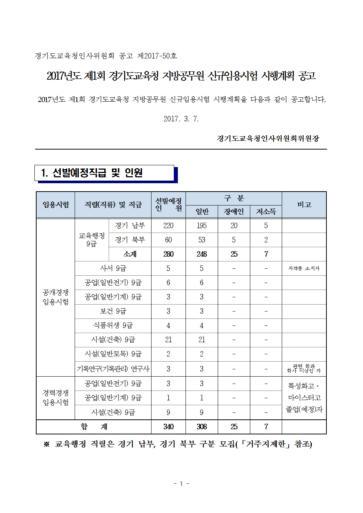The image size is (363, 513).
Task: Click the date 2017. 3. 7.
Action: (x=181, y=119)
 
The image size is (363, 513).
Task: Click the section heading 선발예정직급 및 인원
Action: (x=92, y=173)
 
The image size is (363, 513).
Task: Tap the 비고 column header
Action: (x=304, y=205)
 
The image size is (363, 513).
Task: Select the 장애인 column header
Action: (x=234, y=212)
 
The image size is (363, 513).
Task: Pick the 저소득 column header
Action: (x=266, y=212)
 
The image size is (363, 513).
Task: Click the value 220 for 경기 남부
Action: (x=168, y=226)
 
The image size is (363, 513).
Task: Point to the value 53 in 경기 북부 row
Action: (x=202, y=240)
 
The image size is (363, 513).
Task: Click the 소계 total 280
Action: (x=168, y=254)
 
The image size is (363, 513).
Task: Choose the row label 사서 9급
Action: (x=113, y=268)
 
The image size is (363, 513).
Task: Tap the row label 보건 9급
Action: (x=113, y=311)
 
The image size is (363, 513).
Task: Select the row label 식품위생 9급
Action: (x=113, y=325)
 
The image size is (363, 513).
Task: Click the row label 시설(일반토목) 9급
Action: (x=113, y=354)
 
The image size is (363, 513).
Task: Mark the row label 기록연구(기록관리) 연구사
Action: (x=113, y=369)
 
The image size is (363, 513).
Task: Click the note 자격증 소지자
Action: (x=304, y=268)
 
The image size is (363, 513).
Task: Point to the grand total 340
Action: (x=168, y=427)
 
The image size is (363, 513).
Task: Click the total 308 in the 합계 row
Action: (x=202, y=427)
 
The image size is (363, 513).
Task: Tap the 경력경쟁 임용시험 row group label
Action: (x=56, y=398)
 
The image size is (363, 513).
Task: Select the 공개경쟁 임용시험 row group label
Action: (x=56, y=297)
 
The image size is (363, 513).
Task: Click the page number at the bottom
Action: (x=181, y=484)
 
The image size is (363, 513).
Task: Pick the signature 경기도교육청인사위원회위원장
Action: (x=268, y=139)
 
